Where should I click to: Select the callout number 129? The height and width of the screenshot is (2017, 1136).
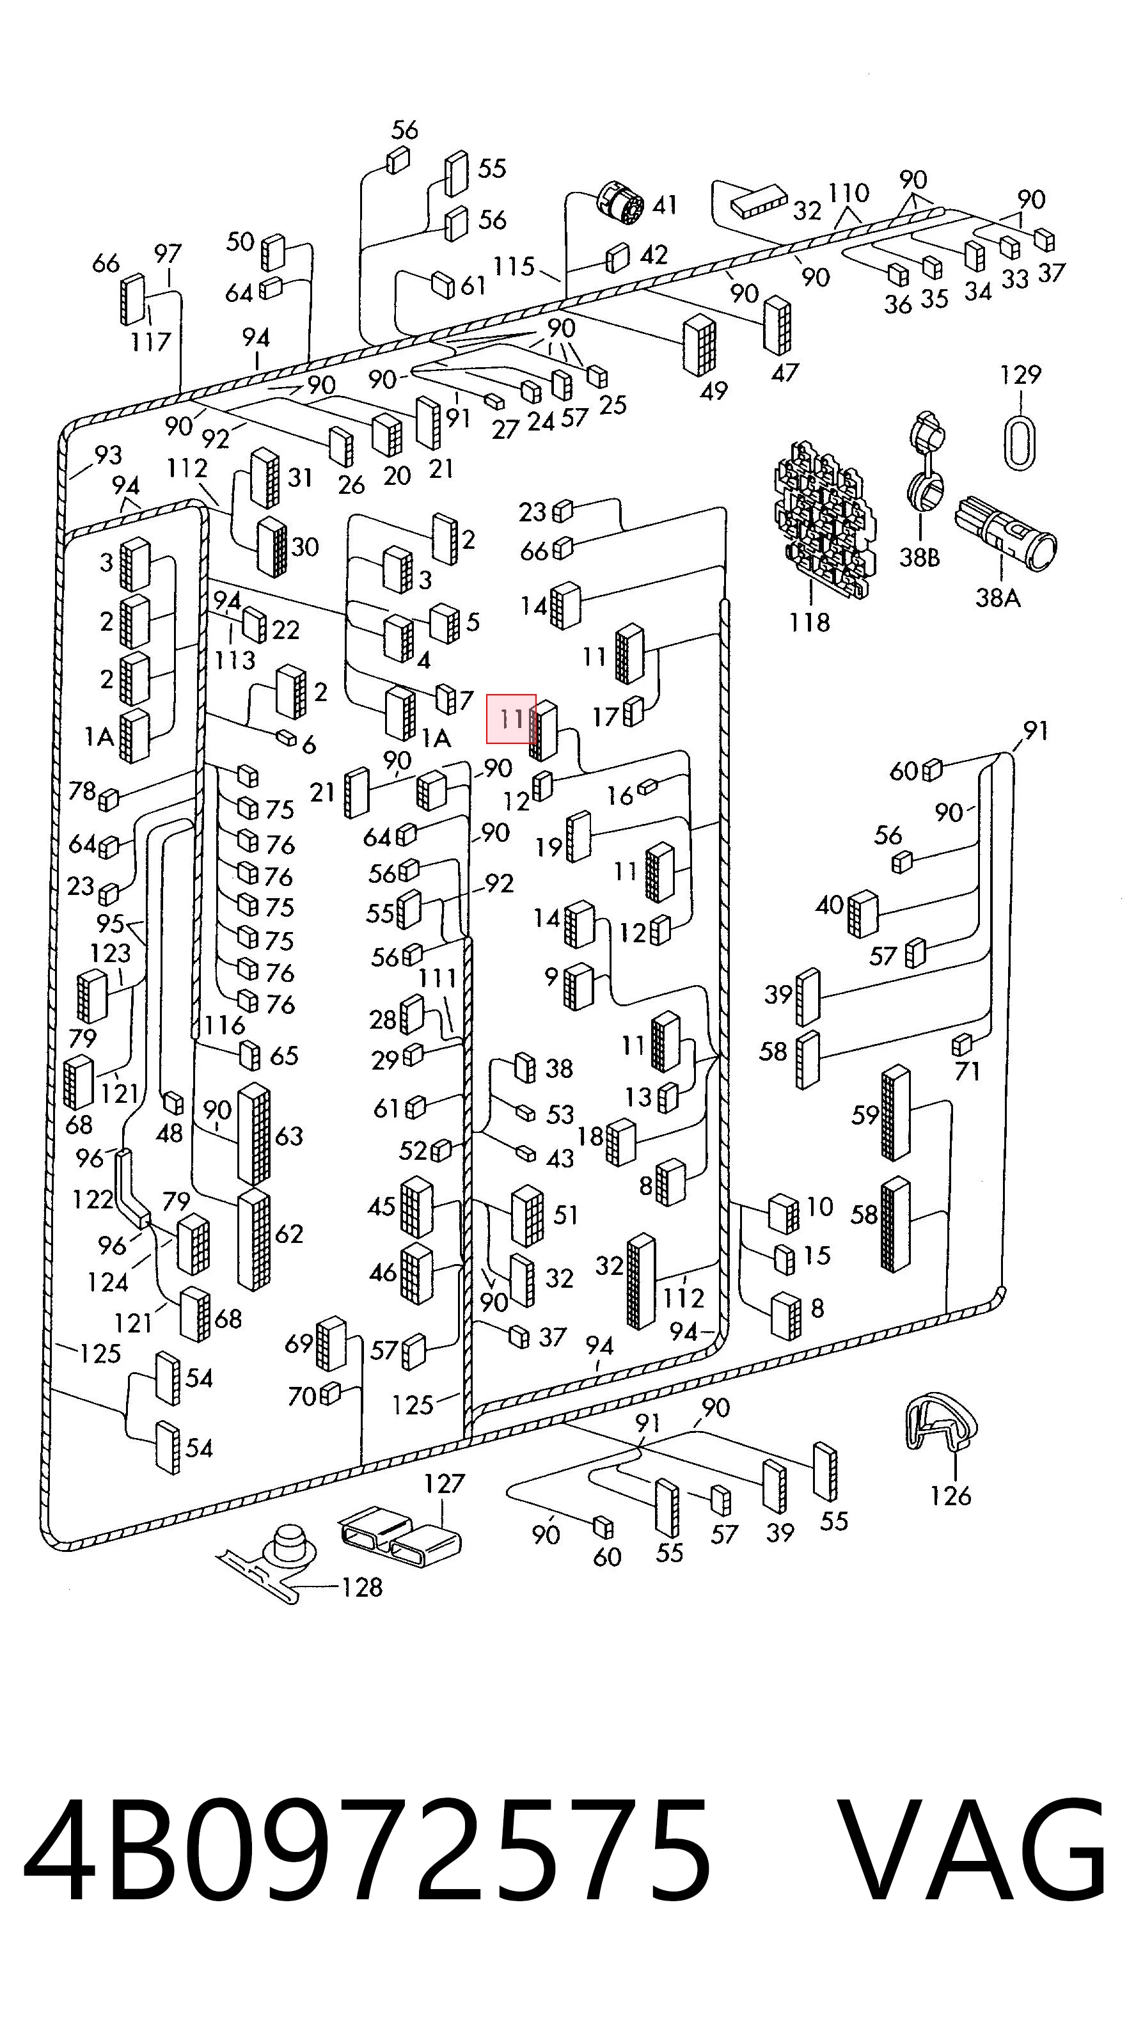tap(1020, 375)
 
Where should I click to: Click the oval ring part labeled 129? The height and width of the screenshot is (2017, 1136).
tap(1020, 443)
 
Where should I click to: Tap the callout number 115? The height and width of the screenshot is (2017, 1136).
tap(514, 266)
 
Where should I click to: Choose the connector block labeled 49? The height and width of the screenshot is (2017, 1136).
tap(699, 345)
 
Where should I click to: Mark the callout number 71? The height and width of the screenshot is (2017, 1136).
tap(968, 1070)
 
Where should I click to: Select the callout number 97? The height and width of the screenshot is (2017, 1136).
tap(168, 254)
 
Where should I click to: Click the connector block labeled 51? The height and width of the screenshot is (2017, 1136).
tap(528, 1216)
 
